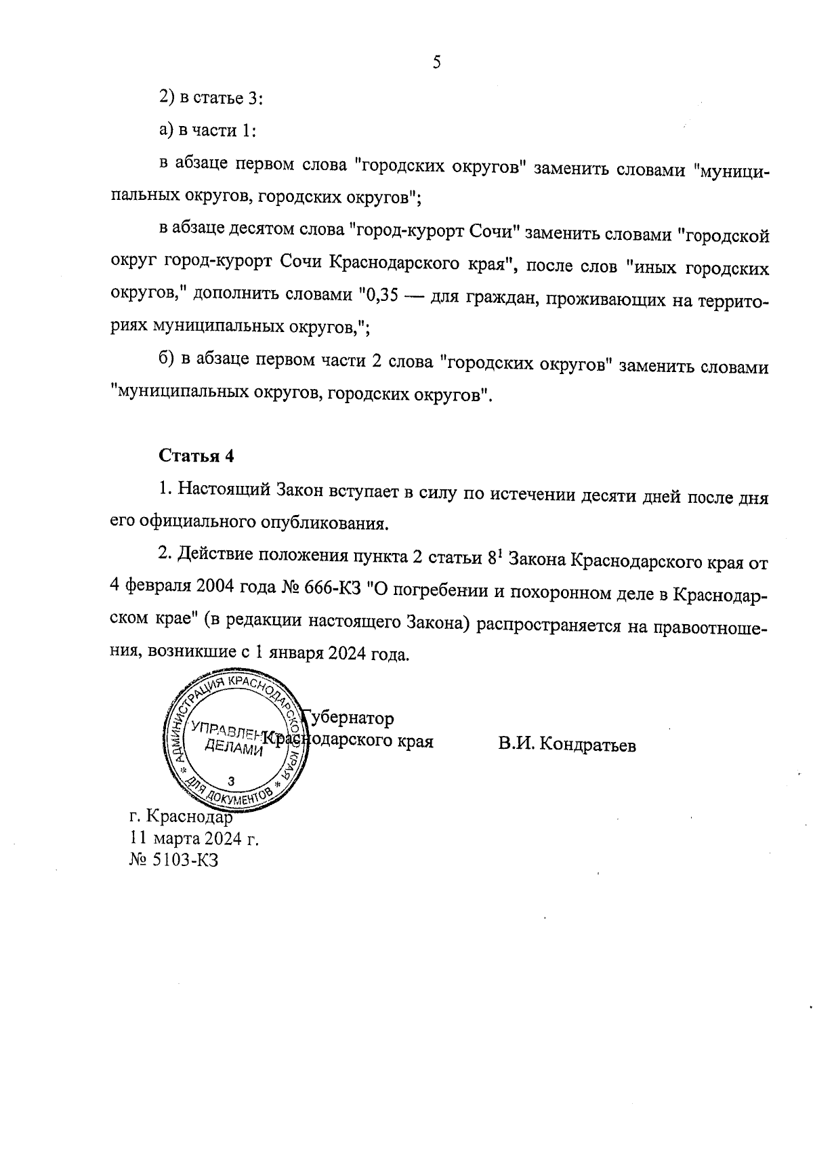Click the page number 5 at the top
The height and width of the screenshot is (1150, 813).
pyautogui.click(x=436, y=63)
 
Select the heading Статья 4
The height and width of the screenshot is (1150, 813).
pyautogui.click(x=196, y=456)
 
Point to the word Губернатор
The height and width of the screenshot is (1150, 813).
pyautogui.click(x=349, y=718)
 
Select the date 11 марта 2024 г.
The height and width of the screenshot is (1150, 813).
pyautogui.click(x=194, y=839)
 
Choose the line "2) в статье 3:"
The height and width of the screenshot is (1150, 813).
pyautogui.click(x=211, y=98)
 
